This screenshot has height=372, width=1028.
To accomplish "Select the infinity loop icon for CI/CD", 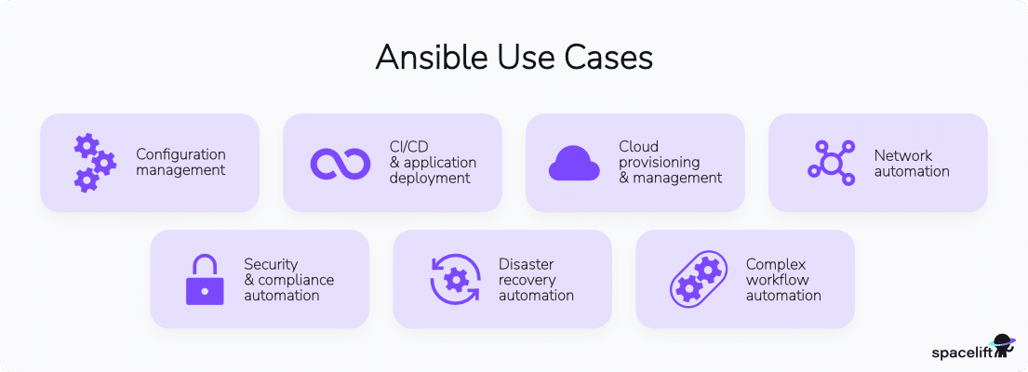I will tap(340, 163).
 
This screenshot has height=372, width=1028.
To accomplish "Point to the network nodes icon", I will tap(831, 163).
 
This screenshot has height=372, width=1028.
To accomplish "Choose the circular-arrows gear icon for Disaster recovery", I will tap(455, 279).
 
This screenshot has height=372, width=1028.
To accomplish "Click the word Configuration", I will tap(180, 154).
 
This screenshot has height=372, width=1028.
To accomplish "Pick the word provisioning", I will tap(660, 162).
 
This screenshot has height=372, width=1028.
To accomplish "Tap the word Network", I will tap(902, 155).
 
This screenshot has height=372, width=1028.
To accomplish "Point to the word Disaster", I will tap(527, 264).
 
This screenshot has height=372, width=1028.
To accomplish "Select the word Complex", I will tap(776, 264).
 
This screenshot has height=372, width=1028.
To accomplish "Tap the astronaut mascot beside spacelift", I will tap(1003, 346).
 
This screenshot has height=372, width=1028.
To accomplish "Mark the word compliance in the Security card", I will tap(296, 280).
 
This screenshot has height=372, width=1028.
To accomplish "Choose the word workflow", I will tap(778, 280).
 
